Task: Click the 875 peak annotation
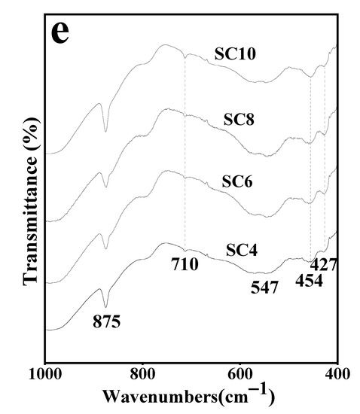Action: (x=107, y=322)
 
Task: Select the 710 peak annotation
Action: (x=184, y=264)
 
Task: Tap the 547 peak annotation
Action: (x=264, y=287)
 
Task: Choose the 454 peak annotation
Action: (x=308, y=281)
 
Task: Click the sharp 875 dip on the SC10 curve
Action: (x=105, y=131)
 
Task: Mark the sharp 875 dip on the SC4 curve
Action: (x=105, y=306)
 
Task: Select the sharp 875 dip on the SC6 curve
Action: (x=105, y=248)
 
